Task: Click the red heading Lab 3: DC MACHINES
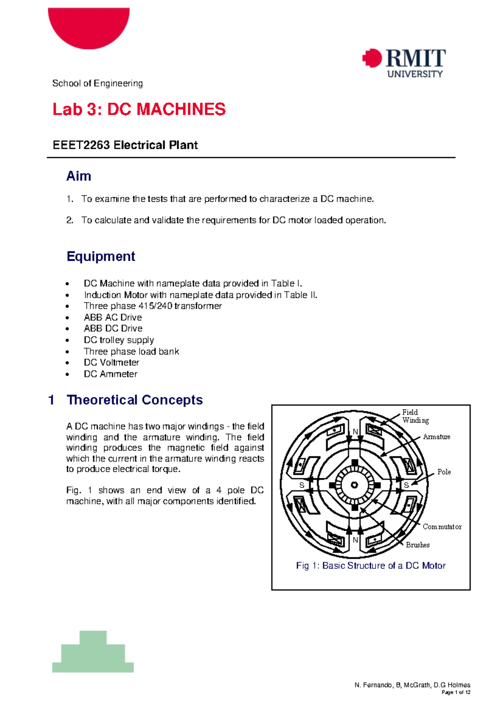[139, 109]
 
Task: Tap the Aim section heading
[78, 176]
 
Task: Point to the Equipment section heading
[101, 256]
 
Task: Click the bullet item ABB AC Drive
[113, 317]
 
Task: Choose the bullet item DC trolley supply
[119, 340]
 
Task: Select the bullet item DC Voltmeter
[111, 363]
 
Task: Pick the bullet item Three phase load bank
[131, 351]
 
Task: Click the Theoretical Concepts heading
[135, 400]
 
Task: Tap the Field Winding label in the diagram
[415, 416]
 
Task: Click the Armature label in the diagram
[436, 437]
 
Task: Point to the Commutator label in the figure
[442, 527]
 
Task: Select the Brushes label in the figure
[417, 545]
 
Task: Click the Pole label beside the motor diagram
[444, 472]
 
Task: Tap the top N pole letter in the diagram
[355, 432]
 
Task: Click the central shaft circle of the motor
[355, 485]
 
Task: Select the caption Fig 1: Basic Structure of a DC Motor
[371, 566]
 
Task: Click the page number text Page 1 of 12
[456, 693]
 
